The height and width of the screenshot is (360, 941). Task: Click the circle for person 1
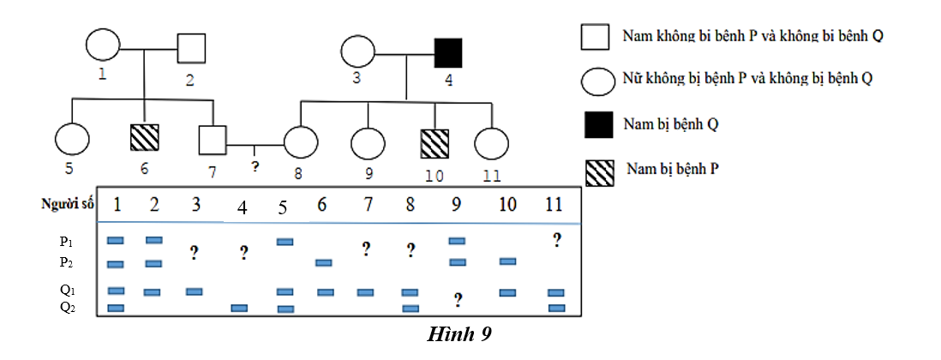[102, 48]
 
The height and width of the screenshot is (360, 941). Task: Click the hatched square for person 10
[435, 143]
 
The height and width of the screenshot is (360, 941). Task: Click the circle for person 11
[491, 143]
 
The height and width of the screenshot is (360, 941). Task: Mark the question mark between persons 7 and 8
[255, 163]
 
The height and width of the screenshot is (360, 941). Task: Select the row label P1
[67, 243]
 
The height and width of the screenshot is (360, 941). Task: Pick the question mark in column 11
[556, 240]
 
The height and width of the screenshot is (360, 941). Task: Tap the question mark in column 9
[459, 300]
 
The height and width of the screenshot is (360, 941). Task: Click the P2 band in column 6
[324, 262]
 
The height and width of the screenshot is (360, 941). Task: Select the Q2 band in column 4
[239, 308]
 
